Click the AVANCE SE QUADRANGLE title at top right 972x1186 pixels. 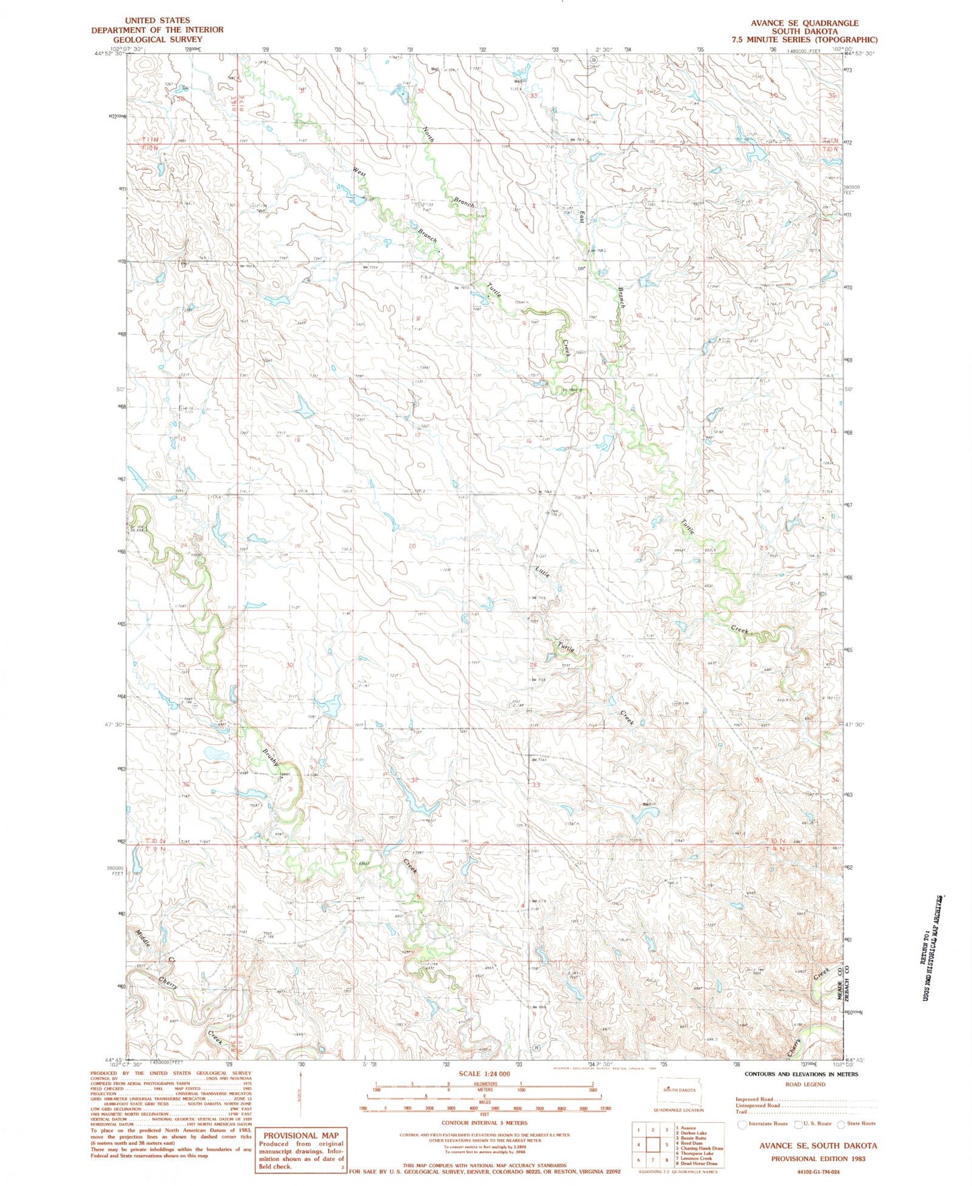[x=805, y=23]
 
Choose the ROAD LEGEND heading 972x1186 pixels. [x=805, y=1084]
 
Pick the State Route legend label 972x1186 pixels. [x=861, y=1123]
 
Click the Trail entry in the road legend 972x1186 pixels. [x=742, y=1112]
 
